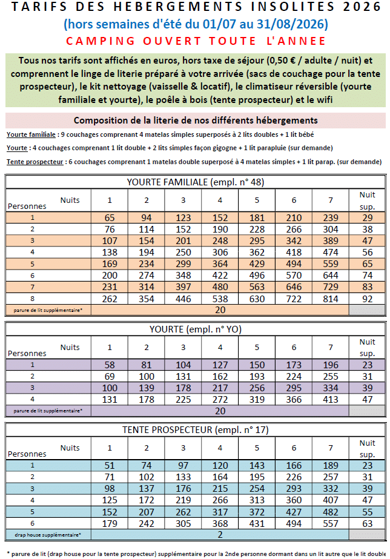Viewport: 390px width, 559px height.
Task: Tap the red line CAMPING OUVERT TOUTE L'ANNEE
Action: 196,41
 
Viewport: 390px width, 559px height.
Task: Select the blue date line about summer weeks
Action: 196,25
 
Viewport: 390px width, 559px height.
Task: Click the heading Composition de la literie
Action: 196,120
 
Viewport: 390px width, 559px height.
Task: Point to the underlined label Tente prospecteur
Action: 35,162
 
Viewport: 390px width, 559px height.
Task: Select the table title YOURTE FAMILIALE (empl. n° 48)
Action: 195,182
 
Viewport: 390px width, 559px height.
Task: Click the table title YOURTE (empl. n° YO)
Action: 195,329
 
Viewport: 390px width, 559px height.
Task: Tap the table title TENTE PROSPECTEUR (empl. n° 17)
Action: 195,430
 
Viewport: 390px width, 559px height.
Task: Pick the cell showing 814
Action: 331,298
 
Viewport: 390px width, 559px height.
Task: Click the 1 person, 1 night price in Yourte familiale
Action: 110,217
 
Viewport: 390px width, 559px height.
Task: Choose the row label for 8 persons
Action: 33,298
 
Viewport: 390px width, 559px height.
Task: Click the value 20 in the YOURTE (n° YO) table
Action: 220,410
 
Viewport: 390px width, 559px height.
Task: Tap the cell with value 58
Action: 110,365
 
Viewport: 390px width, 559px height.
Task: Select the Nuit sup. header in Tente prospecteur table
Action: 368,448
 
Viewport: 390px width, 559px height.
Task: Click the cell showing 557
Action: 331,523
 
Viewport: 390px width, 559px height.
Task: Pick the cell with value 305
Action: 183,523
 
